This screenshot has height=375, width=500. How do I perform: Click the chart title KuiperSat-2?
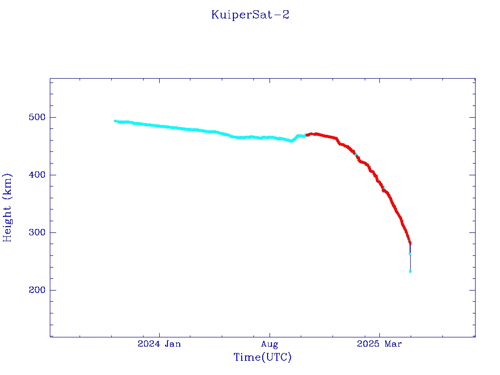click(x=250, y=15)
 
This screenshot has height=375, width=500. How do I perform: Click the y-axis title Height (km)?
click(x=8, y=208)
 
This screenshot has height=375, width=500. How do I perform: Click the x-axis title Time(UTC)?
click(x=263, y=357)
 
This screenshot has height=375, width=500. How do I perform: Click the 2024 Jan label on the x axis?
click(x=159, y=344)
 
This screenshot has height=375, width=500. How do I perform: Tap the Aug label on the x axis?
click(x=270, y=344)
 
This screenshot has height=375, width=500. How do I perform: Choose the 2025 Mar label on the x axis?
click(x=379, y=344)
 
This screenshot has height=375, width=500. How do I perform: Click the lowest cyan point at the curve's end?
click(x=410, y=271)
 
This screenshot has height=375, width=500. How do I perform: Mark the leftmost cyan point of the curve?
click(x=115, y=121)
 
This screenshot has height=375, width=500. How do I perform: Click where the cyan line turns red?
click(x=306, y=135)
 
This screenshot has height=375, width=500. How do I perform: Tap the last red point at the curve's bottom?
click(x=410, y=243)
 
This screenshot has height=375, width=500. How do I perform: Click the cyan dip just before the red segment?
click(x=292, y=141)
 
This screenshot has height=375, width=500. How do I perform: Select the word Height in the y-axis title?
click(x=8, y=221)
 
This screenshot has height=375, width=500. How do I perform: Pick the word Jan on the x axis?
click(x=172, y=344)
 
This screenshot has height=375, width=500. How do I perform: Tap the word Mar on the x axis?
click(x=393, y=344)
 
